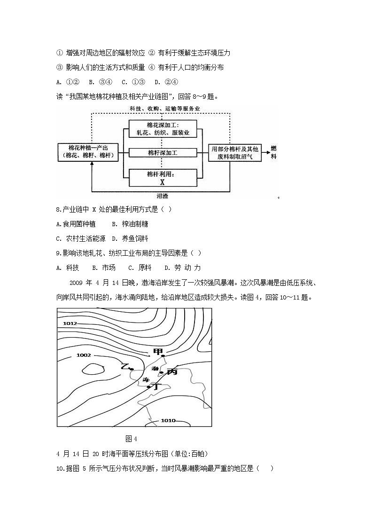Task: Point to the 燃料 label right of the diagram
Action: tap(273, 152)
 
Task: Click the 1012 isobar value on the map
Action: tap(70, 323)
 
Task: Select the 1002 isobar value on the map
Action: tap(83, 355)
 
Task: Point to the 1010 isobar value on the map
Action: tap(168, 420)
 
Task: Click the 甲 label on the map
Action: tap(158, 352)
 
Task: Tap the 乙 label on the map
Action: tap(124, 366)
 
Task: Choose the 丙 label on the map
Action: tap(171, 371)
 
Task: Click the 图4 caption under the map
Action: tap(131, 439)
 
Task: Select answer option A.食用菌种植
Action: tap(76, 224)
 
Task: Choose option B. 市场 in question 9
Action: tap(104, 268)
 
